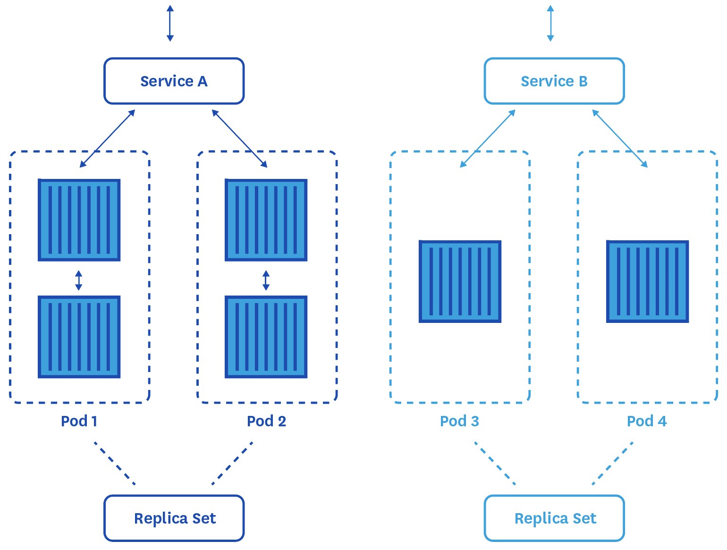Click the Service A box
coord(174,81)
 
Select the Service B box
coord(554,81)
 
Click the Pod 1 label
coord(79,421)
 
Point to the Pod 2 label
coord(266,421)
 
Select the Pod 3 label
coord(459,421)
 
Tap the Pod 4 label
coord(647,421)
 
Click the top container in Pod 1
coord(79,220)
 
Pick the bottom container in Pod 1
coord(79,337)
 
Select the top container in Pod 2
coord(266,220)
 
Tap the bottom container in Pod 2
coord(266,337)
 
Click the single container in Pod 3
coord(460,282)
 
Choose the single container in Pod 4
coord(647,282)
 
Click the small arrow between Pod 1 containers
coord(79,280)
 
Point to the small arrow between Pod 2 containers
coord(266,280)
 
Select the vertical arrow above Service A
coord(170,23)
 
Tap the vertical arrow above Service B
coord(550,23)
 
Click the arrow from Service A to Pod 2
coord(239,138)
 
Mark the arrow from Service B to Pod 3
coord(488,138)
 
